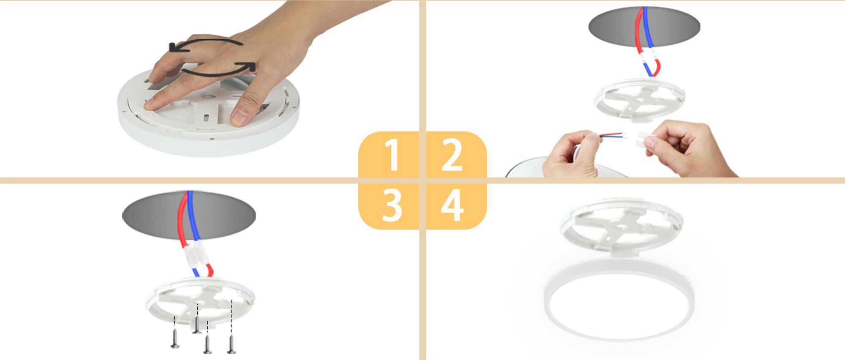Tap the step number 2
point(452,155)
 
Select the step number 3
point(392,205)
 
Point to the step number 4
point(452,205)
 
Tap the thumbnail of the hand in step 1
point(239,117)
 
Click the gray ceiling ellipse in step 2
point(644,27)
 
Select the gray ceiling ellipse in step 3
point(189,215)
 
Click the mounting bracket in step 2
point(640,100)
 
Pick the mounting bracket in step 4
point(621,227)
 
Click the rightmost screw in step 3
point(232,344)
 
